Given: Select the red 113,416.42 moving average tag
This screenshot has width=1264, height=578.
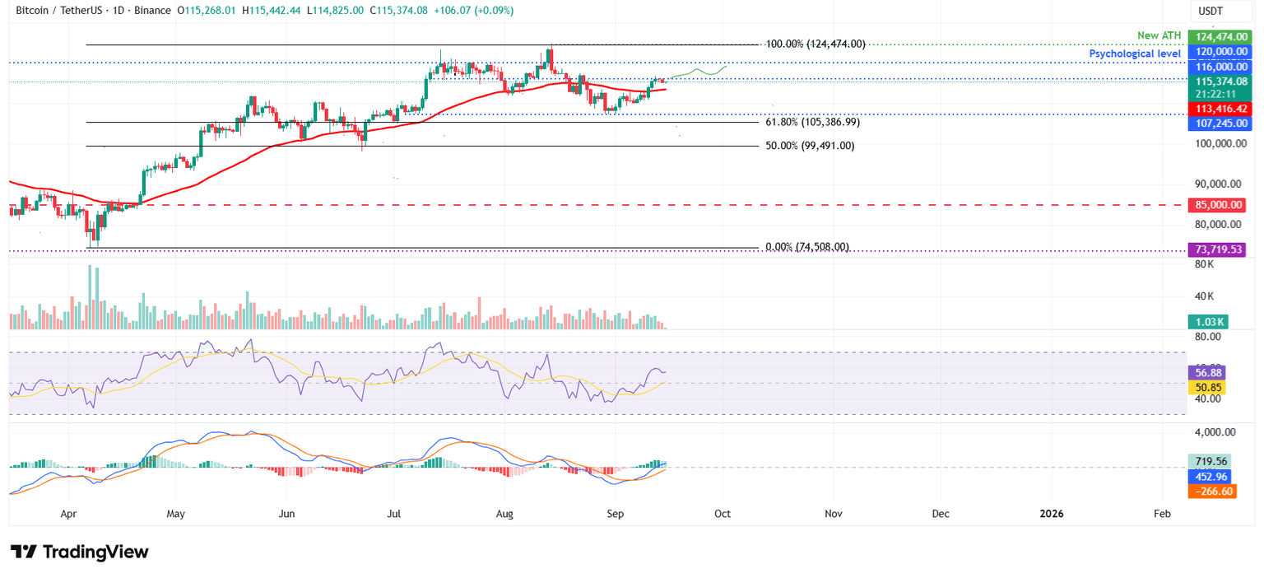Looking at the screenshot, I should click(1216, 109).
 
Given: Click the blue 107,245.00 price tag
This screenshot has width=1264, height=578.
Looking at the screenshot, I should click(1216, 124).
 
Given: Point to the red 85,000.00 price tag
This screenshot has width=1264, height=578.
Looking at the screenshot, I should click(1216, 205).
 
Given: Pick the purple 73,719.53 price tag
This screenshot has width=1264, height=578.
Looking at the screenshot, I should click(1216, 249).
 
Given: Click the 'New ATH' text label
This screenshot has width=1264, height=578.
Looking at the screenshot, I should click(1158, 36).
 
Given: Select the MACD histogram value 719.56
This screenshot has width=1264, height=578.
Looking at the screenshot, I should click(1208, 462).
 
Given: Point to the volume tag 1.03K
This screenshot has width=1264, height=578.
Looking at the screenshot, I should click(1206, 322).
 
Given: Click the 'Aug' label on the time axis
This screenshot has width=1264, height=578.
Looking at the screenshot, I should click(504, 514).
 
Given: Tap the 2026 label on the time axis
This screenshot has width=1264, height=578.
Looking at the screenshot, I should click(1051, 514).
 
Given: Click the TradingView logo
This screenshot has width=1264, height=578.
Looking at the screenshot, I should click(80, 552).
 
